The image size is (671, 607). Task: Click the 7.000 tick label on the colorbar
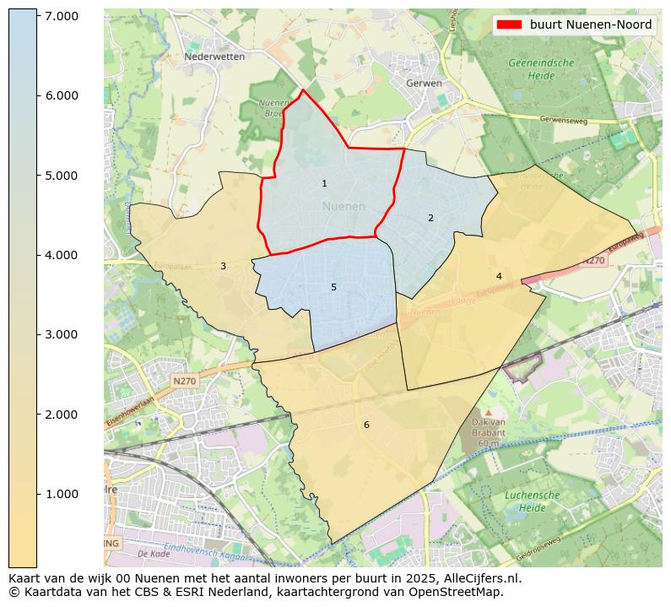[61, 16]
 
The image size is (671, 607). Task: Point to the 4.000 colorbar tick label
[61, 255]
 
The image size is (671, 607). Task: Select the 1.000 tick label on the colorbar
[61, 494]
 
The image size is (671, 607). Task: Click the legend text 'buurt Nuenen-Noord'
[591, 24]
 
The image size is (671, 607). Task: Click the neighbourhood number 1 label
[324, 183]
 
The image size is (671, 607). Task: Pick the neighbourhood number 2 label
[430, 218]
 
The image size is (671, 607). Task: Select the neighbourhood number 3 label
[223, 266]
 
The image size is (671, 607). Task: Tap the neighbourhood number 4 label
[499, 276]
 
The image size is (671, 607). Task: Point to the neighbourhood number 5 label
[333, 287]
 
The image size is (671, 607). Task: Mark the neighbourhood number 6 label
[366, 425]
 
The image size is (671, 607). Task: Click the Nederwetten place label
[214, 57]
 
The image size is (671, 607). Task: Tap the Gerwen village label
[424, 84]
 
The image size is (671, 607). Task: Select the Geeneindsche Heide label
[541, 69]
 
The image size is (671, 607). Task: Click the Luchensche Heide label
[527, 501]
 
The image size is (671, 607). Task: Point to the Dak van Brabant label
[488, 432]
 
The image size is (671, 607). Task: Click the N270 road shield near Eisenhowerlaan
[185, 382]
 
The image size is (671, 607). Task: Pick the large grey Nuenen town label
[344, 206]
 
